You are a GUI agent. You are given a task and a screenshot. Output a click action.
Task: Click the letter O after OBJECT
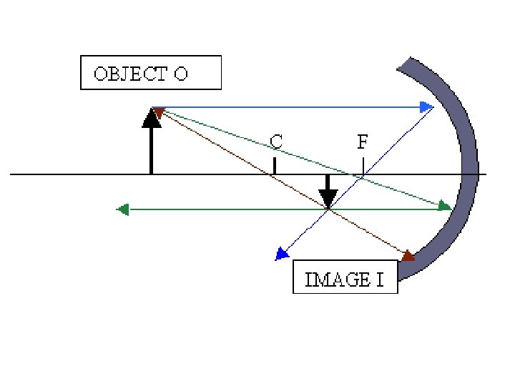point(180,74)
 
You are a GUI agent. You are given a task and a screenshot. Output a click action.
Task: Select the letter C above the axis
point(275,142)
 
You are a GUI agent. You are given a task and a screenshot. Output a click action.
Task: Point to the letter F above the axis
point(363,142)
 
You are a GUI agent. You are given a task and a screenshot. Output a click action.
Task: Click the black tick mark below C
point(275,166)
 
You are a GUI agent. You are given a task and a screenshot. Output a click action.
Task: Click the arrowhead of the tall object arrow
point(151,118)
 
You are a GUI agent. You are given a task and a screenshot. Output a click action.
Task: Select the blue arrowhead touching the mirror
point(427,107)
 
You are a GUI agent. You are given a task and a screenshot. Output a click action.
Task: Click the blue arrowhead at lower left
point(282,254)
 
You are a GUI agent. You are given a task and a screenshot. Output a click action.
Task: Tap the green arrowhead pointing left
point(122,209)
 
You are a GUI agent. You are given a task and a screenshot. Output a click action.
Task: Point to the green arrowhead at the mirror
point(445,206)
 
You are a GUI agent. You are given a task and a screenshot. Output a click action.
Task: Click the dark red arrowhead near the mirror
point(408,256)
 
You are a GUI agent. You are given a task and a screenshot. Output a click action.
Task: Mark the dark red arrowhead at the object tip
point(158,112)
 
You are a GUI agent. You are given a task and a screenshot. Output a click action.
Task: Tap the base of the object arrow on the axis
point(151,173)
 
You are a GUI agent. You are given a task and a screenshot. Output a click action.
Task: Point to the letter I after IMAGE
point(380,279)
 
